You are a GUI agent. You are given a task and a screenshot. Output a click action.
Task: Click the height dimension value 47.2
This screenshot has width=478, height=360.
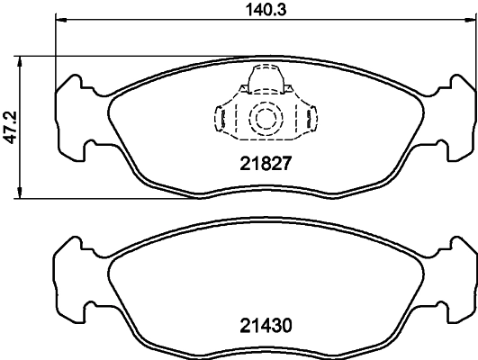(x=10, y=129)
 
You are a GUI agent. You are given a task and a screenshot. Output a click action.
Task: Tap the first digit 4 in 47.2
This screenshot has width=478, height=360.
(x=10, y=142)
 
